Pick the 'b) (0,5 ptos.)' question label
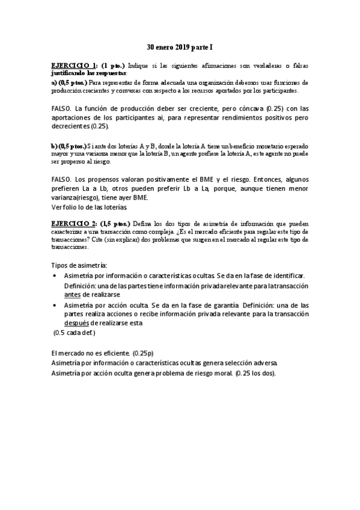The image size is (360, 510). point(69,146)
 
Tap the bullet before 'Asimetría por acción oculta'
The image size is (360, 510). point(56,306)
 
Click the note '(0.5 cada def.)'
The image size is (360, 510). point(75,332)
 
